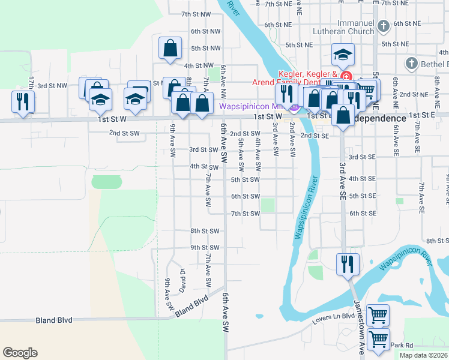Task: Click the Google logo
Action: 20,353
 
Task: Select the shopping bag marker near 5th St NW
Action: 170,47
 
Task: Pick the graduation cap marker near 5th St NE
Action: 343,55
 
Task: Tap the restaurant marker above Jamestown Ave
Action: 348,265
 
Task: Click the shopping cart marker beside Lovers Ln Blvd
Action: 378,315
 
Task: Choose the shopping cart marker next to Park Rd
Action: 378,339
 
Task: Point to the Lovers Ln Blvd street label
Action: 334,319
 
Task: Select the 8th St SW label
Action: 205,231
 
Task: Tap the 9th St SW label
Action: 205,247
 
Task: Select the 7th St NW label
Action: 196,14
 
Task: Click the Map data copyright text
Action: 424,355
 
